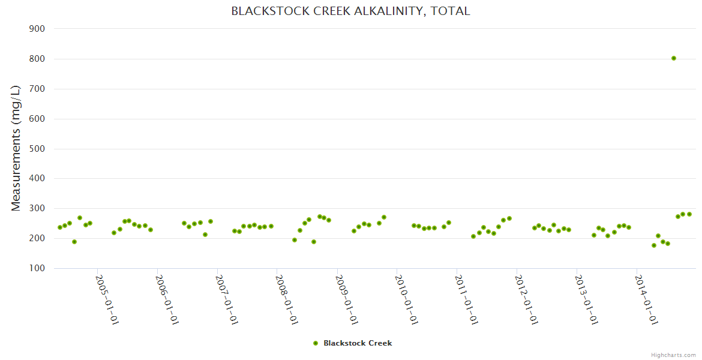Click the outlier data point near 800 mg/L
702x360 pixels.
click(x=674, y=58)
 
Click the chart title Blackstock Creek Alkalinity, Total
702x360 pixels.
click(x=350, y=11)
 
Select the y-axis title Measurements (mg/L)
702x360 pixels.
click(x=16, y=148)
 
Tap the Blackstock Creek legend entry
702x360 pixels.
click(x=358, y=343)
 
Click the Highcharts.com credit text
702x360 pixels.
click(x=673, y=355)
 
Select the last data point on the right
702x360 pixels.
click(x=689, y=214)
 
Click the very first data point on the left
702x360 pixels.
click(x=60, y=227)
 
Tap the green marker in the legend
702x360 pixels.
click(x=316, y=343)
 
